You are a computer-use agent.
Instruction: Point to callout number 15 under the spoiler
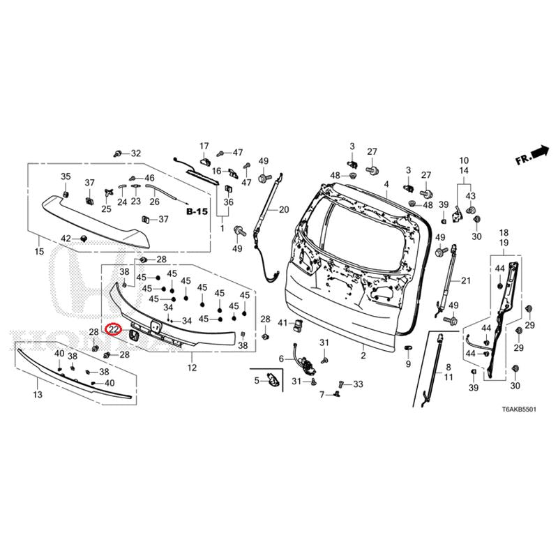(x=38, y=251)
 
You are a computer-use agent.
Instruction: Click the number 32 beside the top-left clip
(x=135, y=153)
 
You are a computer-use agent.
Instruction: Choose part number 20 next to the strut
(x=283, y=209)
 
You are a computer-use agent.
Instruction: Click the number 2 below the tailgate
(x=363, y=356)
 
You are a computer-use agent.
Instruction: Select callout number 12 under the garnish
(x=192, y=368)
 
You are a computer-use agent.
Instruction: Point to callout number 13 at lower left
(x=37, y=395)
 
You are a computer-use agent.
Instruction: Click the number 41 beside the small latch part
(x=282, y=323)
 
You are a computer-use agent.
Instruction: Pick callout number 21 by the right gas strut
(x=467, y=280)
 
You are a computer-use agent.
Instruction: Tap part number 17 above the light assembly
(x=204, y=146)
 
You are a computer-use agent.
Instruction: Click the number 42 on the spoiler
(x=66, y=239)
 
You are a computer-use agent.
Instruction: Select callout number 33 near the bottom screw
(x=358, y=384)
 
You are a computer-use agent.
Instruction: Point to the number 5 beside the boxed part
(x=256, y=380)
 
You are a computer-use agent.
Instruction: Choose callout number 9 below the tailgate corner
(x=408, y=364)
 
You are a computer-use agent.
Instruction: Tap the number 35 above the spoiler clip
(x=66, y=176)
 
